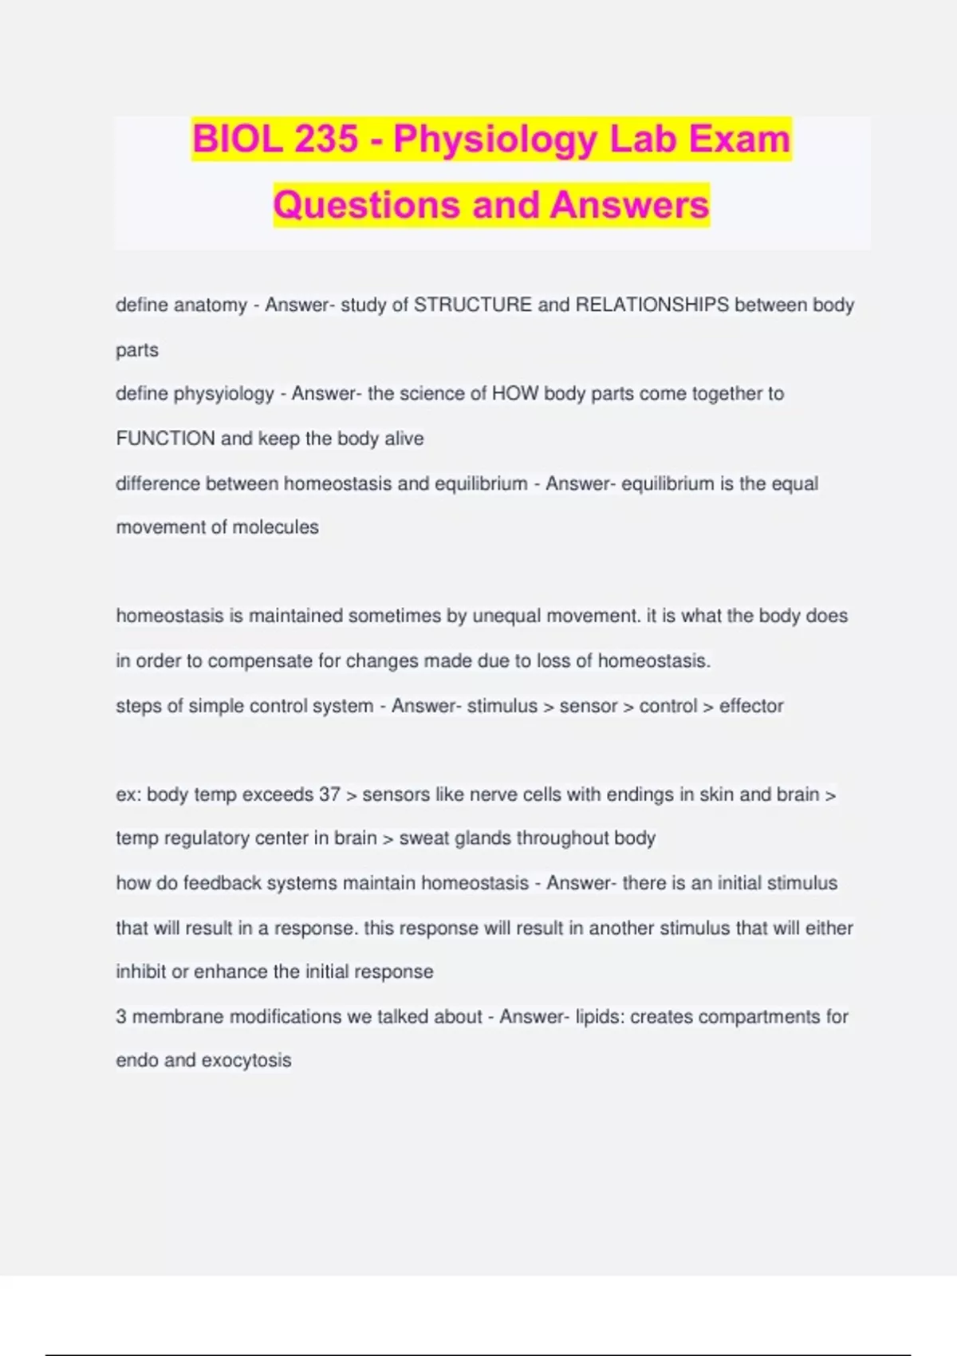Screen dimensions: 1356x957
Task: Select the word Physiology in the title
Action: [495, 140]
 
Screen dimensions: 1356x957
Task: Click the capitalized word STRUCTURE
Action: [473, 305]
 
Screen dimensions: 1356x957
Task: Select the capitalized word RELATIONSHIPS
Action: [652, 305]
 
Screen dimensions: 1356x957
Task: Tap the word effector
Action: [751, 706]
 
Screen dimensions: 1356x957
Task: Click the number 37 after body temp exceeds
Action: [329, 794]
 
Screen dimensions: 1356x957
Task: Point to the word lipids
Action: [600, 1017]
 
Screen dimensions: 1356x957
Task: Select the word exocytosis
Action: [246, 1061]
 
